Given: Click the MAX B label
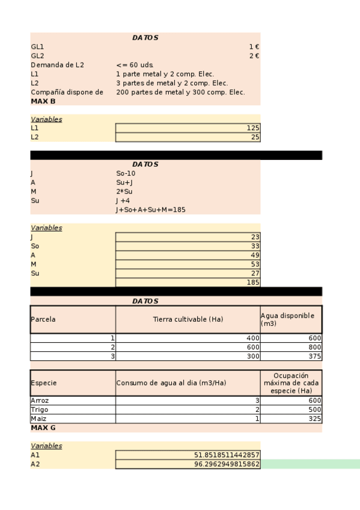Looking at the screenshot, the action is pyautogui.click(x=43, y=102).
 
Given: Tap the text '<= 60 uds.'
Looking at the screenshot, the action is pyautogui.click(x=135, y=65).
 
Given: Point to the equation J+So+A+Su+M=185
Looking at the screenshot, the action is pyautogui.click(x=150, y=210).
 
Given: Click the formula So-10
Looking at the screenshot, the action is pyautogui.click(x=126, y=173).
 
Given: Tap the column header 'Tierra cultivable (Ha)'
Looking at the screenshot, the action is pyautogui.click(x=188, y=319).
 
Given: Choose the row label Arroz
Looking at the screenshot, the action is pyautogui.click(x=40, y=401).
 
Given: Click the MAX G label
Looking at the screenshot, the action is pyautogui.click(x=43, y=428).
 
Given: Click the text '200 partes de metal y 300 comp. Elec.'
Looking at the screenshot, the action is pyautogui.click(x=180, y=92).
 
